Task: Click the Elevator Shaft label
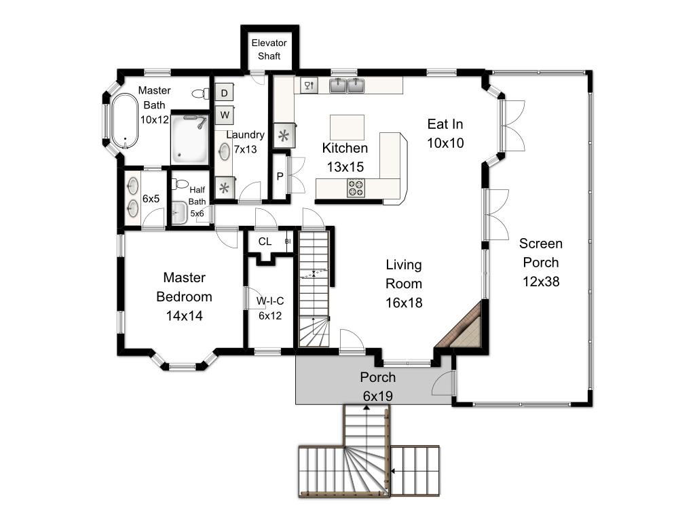pyautogui.click(x=269, y=49)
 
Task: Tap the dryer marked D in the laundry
pyautogui.click(x=224, y=92)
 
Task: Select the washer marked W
pyautogui.click(x=225, y=115)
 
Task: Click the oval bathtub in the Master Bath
pyautogui.click(x=125, y=121)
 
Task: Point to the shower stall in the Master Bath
pyautogui.click(x=190, y=139)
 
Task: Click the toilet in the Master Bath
pyautogui.click(x=201, y=94)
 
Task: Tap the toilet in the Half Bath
pyautogui.click(x=180, y=183)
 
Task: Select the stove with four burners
pyautogui.click(x=356, y=187)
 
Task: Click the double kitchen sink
pyautogui.click(x=347, y=85)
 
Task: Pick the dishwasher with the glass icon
pyautogui.click(x=309, y=85)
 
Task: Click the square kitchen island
pyautogui.click(x=347, y=127)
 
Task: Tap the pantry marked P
pyautogui.click(x=280, y=176)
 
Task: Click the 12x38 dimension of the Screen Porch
pyautogui.click(x=541, y=282)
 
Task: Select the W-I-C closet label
pyautogui.click(x=270, y=301)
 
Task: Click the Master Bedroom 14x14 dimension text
pyautogui.click(x=185, y=316)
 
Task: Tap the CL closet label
pyautogui.click(x=265, y=242)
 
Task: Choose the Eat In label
pyautogui.click(x=445, y=125)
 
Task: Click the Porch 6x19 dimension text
pyautogui.click(x=377, y=396)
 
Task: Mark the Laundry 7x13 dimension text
pyautogui.click(x=245, y=149)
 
